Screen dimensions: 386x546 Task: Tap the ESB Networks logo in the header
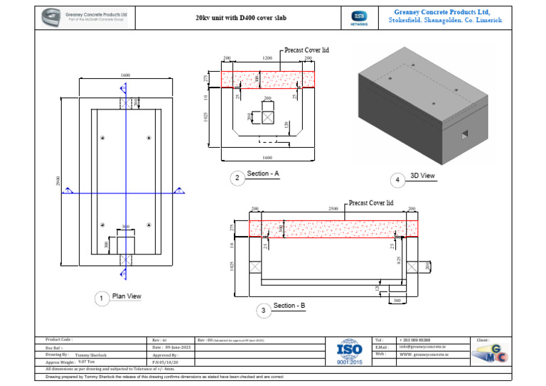(360, 18)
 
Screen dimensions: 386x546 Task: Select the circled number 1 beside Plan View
(102, 299)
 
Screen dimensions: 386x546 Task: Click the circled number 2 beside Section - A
(237, 178)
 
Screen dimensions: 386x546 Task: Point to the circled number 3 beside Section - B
(263, 309)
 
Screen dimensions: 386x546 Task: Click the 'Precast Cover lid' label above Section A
(306, 50)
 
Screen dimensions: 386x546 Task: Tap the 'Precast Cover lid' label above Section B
(371, 203)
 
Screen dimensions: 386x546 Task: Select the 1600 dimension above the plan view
(125, 75)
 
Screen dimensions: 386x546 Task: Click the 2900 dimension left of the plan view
(58, 181)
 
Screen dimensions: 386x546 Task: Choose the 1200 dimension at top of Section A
(267, 58)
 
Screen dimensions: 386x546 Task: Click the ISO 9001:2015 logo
(349, 351)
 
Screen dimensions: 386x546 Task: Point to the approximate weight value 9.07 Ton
(87, 361)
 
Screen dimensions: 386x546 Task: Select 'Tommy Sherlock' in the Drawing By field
(91, 354)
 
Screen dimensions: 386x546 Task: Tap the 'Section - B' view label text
(289, 306)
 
